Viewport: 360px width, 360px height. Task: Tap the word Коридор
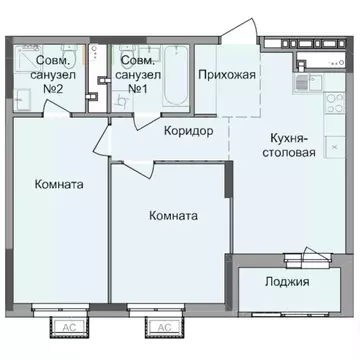pyautogui.click(x=189, y=130)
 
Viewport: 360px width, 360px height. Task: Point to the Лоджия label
pyautogui.click(x=288, y=283)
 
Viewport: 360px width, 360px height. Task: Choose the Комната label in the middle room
pyautogui.click(x=172, y=215)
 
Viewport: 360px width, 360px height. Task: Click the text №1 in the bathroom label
pyautogui.click(x=134, y=86)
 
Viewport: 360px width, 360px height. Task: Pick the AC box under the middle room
pyautogui.click(x=161, y=325)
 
